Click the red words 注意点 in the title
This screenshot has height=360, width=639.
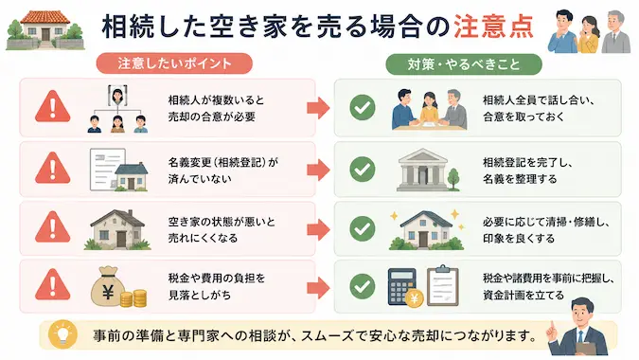pyautogui.click(x=493, y=27)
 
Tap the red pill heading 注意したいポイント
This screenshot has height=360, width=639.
pyautogui.click(x=174, y=63)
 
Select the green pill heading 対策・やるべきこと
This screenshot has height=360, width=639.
pyautogui.click(x=464, y=64)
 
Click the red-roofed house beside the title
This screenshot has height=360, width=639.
pyautogui.click(x=44, y=30)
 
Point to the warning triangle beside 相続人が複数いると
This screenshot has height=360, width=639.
pyautogui.click(x=53, y=107)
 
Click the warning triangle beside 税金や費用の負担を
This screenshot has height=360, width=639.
pyautogui.click(x=53, y=284)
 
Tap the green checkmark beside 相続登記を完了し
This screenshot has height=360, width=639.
pyautogui.click(x=363, y=170)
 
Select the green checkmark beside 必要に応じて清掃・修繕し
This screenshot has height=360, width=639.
pyautogui.click(x=363, y=228)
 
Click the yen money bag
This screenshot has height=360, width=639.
pyautogui.click(x=108, y=287)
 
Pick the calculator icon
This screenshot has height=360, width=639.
pyautogui.click(x=401, y=286)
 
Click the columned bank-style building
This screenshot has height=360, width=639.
pyautogui.click(x=423, y=170)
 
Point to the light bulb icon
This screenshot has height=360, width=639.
pyautogui.click(x=62, y=333)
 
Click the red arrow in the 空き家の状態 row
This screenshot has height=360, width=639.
pyautogui.click(x=318, y=229)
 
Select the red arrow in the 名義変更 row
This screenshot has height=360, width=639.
pyautogui.click(x=318, y=170)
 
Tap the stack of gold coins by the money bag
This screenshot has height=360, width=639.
pyautogui.click(x=133, y=298)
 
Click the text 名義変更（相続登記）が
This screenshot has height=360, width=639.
pyautogui.click(x=223, y=162)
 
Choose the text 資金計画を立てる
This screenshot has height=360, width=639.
pyautogui.click(x=524, y=295)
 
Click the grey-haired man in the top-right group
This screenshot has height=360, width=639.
pyautogui.click(x=616, y=32)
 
